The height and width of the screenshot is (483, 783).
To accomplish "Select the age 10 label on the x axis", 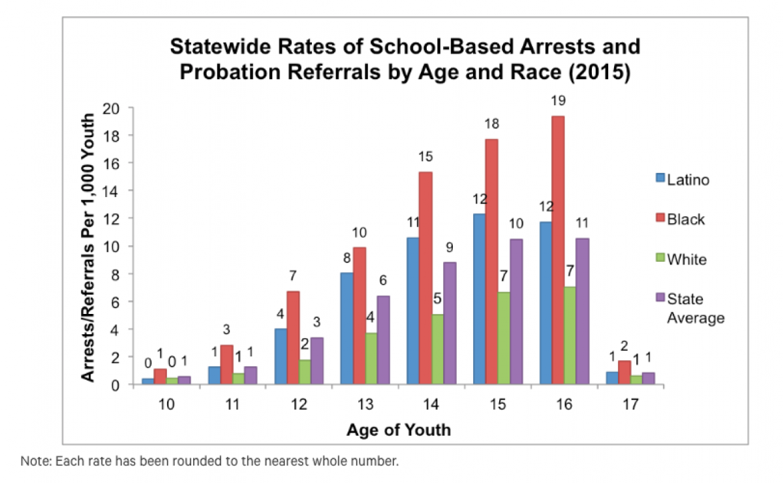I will (166, 405).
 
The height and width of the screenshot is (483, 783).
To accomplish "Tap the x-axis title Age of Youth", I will (398, 430).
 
